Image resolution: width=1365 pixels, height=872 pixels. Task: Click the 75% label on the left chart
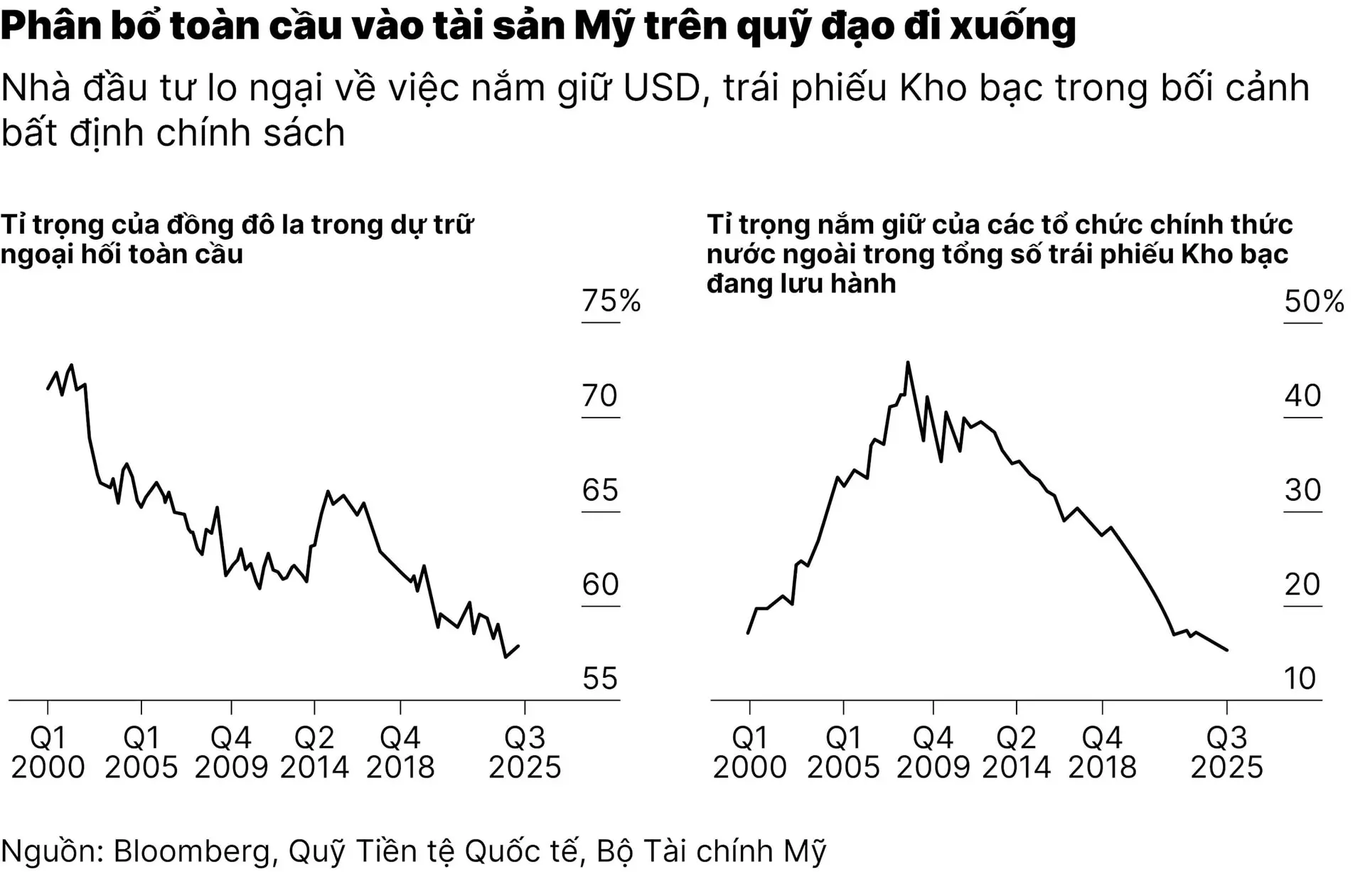pyautogui.click(x=611, y=301)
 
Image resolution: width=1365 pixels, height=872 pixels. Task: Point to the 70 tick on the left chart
pyautogui.click(x=599, y=395)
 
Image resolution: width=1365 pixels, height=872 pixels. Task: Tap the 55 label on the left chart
pyautogui.click(x=599, y=679)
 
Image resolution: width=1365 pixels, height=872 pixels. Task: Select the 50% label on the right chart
pyautogui.click(x=1313, y=302)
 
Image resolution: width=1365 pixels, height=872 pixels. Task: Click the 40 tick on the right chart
pyautogui.click(x=1302, y=395)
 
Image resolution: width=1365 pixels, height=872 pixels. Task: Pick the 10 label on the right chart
pyautogui.click(x=1300, y=679)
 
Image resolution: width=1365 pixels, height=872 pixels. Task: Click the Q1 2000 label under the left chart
pyautogui.click(x=48, y=753)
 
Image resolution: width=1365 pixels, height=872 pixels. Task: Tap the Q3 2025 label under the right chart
pyautogui.click(x=1226, y=753)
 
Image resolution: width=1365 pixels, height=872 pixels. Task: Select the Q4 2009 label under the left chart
pyautogui.click(x=231, y=753)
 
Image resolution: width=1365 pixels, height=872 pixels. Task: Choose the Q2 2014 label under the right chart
pyautogui.click(x=1016, y=753)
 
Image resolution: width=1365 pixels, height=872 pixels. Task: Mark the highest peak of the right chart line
pyautogui.click(x=908, y=363)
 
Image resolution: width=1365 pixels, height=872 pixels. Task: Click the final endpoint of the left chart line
pyautogui.click(x=518, y=646)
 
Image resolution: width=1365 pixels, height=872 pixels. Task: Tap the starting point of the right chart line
pyautogui.click(x=748, y=632)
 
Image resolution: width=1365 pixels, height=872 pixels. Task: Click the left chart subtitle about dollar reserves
pyautogui.click(x=236, y=239)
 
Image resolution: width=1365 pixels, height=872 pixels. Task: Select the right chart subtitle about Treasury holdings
pyautogui.click(x=999, y=254)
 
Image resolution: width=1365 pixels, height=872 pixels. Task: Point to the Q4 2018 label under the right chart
pyautogui.click(x=1102, y=753)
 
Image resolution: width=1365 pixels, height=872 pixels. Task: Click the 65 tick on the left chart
pyautogui.click(x=599, y=490)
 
